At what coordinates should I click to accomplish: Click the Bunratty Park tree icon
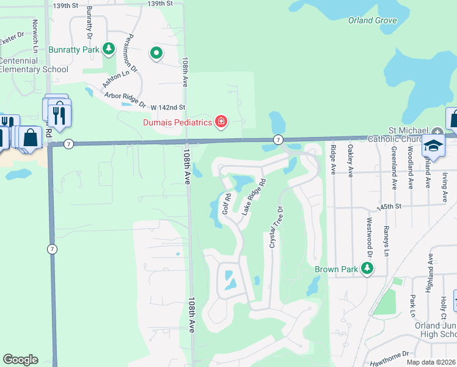109,48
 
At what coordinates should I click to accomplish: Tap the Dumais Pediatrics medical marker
221,122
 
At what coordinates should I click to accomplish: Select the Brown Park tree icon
367,269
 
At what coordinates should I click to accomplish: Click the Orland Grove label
373,20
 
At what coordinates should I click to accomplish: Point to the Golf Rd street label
226,204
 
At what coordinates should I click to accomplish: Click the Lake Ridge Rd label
254,196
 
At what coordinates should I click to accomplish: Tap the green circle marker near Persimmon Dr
156,53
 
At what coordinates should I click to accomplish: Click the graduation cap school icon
434,146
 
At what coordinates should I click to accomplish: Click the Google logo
20,360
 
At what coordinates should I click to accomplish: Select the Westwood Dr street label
369,235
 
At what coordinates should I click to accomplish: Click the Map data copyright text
431,362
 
